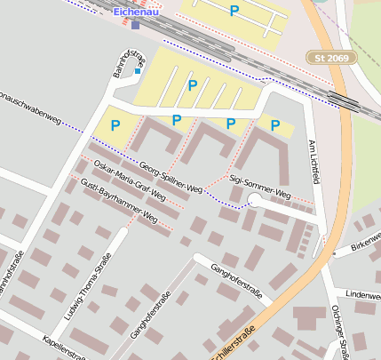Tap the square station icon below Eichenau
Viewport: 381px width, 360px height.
pyautogui.click(x=135, y=25)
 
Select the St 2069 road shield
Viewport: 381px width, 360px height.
pyautogui.click(x=332, y=58)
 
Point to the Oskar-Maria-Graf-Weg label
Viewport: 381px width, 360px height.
pyautogui.click(x=130, y=180)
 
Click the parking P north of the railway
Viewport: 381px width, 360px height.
pyautogui.click(x=234, y=11)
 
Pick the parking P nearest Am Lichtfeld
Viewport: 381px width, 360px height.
pyautogui.click(x=274, y=125)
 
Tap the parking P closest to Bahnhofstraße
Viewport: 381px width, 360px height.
pyautogui.click(x=115, y=126)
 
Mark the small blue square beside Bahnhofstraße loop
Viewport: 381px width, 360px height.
pyautogui.click(x=137, y=70)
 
